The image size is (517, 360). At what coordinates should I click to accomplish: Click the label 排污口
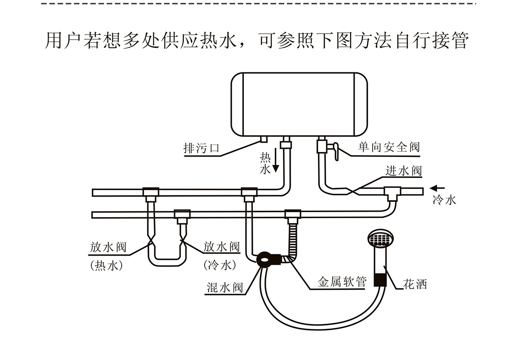point(202,149)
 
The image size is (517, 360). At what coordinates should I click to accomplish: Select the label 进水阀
point(404,171)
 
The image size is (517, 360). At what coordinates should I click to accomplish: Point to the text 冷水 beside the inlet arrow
point(444,200)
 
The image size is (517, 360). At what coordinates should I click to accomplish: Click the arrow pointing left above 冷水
point(438,188)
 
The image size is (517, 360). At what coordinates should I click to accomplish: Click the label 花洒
point(414,285)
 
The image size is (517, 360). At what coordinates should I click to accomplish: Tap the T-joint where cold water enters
point(392,193)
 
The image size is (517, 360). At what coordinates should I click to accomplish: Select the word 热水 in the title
point(218,41)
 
